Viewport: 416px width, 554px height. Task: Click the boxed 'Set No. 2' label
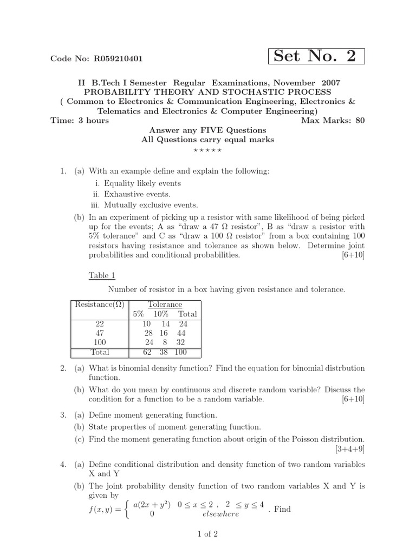pos(315,56)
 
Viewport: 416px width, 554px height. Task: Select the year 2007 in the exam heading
pos(331,82)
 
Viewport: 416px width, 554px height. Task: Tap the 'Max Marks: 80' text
pos(333,120)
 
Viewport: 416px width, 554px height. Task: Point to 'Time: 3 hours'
pos(80,120)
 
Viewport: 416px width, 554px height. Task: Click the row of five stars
pos(207,150)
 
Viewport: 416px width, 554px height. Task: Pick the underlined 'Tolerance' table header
pos(165,305)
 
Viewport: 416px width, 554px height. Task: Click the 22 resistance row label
pos(99,324)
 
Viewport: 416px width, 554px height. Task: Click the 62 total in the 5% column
pos(148,352)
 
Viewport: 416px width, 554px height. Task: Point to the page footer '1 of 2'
pos(207,533)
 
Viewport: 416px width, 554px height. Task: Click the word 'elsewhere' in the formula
pos(220,515)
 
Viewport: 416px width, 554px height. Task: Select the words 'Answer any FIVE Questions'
pos(207,130)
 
